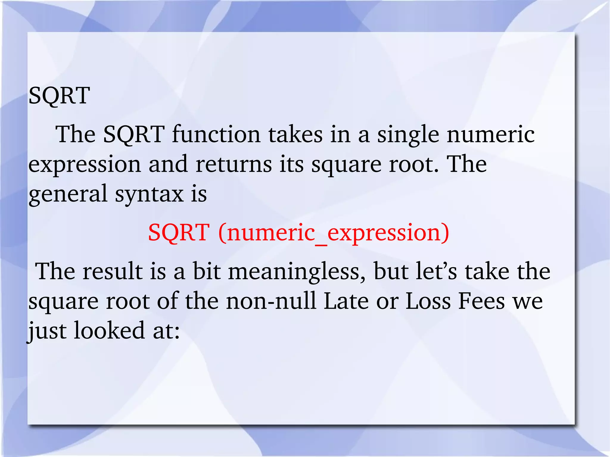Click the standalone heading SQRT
[x=59, y=96]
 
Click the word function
[x=216, y=135]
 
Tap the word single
[x=408, y=135]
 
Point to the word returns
[x=234, y=165]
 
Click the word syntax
[x=149, y=194]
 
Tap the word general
[x=68, y=194]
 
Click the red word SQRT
[x=179, y=233]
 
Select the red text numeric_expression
[x=334, y=233]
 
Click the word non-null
[x=271, y=301]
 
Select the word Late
[x=346, y=301]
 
